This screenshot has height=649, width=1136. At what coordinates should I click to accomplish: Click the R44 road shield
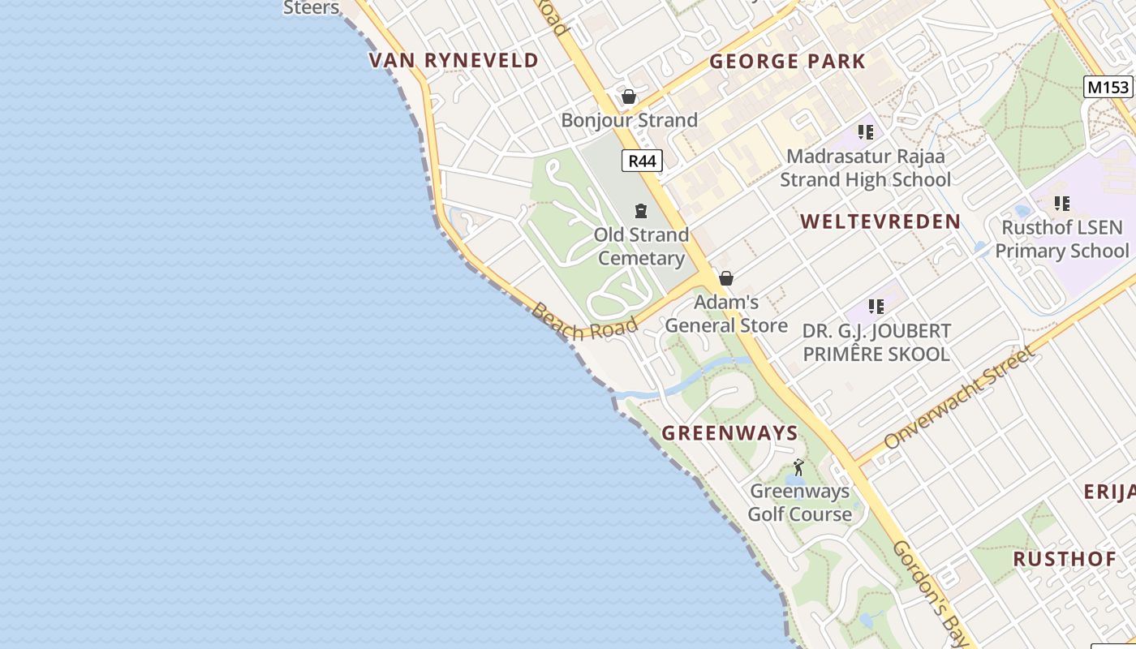pos(642,161)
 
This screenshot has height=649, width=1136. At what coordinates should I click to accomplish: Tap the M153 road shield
pos(1108,87)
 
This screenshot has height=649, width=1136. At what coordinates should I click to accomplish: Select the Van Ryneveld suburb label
pos(454,60)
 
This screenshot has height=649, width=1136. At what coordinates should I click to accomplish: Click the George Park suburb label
pos(787,62)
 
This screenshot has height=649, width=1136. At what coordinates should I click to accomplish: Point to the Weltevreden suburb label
pos(880,221)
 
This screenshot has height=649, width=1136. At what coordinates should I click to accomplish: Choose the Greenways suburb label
pos(730,432)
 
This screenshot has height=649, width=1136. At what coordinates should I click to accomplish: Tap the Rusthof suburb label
pos(1065,559)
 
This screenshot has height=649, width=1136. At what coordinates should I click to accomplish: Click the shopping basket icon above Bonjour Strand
pos(628,97)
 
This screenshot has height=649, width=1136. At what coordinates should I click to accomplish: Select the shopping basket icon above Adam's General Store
pos(726,278)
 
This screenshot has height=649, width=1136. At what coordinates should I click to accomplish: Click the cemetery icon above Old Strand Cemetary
pos(641,211)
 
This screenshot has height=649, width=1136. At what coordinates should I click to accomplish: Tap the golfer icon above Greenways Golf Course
pos(798,467)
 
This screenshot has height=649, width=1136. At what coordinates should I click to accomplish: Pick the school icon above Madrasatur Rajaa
pos(866,132)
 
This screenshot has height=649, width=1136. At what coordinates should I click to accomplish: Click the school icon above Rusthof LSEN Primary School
pos(1061,204)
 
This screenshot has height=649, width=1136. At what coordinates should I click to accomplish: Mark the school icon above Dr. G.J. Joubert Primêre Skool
pos(876,307)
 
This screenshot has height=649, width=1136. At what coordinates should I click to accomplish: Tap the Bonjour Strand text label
pos(629,120)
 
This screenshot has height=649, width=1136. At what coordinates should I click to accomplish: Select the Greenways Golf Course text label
pos(799,502)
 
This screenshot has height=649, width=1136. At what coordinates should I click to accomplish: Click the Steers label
pos(311,8)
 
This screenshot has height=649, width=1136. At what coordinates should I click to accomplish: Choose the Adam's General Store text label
pos(726,314)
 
